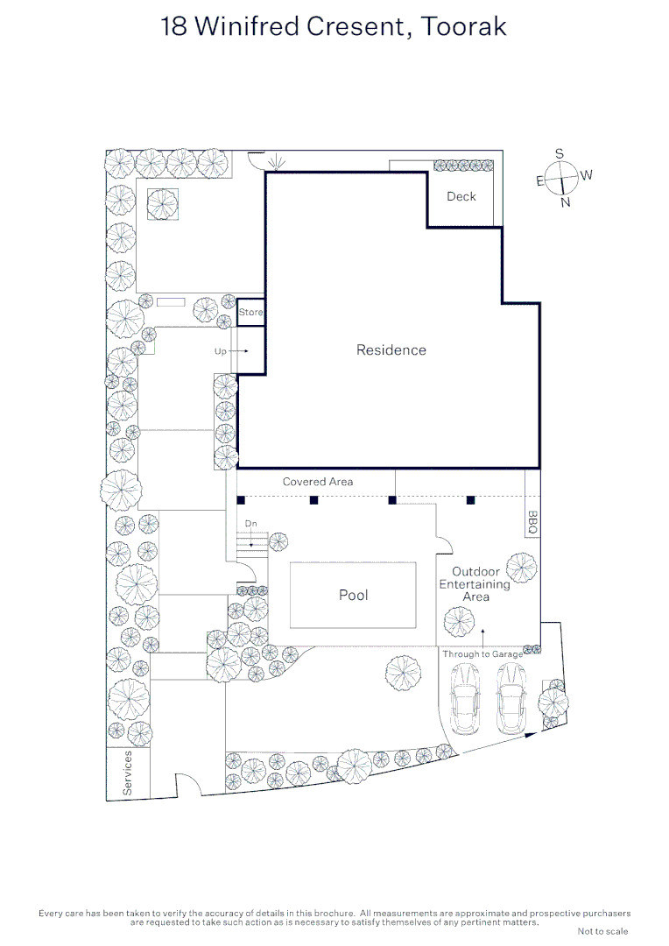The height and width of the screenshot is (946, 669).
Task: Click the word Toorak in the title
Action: tap(463, 26)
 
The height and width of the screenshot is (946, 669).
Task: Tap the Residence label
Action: tap(391, 349)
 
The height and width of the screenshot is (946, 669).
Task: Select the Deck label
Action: tap(461, 196)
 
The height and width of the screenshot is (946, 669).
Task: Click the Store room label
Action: tap(250, 312)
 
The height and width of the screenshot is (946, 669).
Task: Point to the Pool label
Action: tap(354, 595)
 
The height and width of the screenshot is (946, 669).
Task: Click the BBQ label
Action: tap(532, 522)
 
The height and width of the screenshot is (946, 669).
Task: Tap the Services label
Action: tap(127, 773)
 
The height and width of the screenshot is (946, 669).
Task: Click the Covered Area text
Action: tap(318, 482)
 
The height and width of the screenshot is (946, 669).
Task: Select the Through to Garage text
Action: tap(482, 654)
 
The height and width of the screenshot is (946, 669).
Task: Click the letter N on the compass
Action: tap(566, 202)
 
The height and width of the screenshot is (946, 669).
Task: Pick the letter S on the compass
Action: tap(560, 154)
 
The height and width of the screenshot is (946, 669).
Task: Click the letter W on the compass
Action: tap(587, 175)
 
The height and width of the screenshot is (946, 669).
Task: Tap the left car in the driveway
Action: tap(465, 698)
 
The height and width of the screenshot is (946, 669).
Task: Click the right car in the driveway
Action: tap(511, 698)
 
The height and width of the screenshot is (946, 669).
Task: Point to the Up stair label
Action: tap(220, 351)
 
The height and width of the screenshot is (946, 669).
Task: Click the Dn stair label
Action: tap(251, 524)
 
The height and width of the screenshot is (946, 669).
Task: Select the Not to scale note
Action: tap(602, 931)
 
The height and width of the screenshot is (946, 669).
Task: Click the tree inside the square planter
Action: tap(163, 204)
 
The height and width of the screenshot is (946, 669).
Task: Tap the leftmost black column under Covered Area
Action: tap(241, 500)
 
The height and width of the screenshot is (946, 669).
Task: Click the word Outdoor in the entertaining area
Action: tap(476, 571)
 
